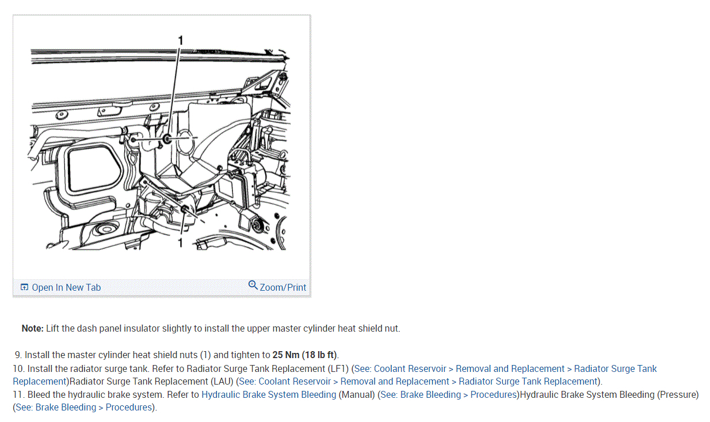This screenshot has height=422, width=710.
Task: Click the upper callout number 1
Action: (181, 40)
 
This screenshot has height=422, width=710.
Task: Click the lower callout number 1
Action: (180, 243)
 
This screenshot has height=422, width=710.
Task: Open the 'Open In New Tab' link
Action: (66, 287)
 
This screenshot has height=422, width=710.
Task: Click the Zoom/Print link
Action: (283, 287)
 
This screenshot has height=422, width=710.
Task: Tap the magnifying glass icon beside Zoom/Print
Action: (253, 286)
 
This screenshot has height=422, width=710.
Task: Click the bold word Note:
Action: (33, 329)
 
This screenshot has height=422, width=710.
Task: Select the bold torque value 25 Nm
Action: (285, 355)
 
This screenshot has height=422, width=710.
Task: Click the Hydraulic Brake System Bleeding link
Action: (269, 395)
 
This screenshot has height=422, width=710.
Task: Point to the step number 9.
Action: (18, 355)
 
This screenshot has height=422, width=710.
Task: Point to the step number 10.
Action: (18, 368)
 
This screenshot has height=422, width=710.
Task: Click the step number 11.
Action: (18, 395)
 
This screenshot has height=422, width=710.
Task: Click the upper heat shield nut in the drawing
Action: (166, 139)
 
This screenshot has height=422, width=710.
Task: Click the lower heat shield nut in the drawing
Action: (184, 208)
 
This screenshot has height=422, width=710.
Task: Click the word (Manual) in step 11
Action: (357, 395)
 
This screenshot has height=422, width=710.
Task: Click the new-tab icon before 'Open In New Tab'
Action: (24, 287)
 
